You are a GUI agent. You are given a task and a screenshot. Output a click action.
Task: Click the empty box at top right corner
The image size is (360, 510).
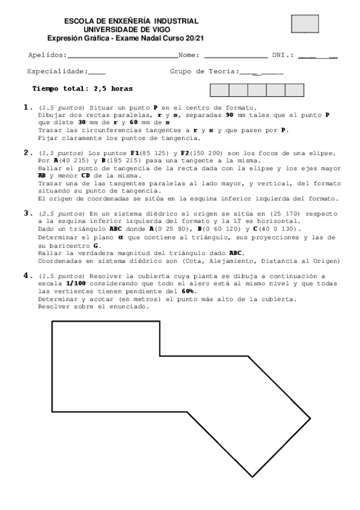[x=305, y=23]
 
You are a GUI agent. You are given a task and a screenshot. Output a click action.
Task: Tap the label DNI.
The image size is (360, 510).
[x=280, y=55]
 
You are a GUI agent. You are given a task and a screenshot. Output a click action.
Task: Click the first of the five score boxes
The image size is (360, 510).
[x=219, y=90]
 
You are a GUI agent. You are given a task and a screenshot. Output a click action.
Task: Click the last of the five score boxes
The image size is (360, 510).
[x=294, y=90]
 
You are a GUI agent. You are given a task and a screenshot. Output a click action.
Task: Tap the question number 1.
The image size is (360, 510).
[x=26, y=108]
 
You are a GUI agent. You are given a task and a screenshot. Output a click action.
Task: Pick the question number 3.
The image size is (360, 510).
[x=26, y=212]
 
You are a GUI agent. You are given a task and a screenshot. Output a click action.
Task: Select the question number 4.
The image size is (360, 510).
[x=26, y=275]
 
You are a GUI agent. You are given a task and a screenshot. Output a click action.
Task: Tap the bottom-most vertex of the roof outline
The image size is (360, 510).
[x=251, y=477]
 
